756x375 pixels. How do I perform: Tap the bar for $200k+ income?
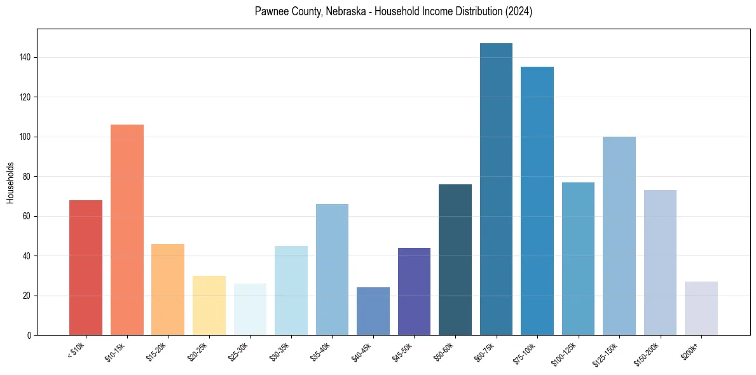pos(701,308)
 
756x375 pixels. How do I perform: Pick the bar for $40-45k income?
pos(373,311)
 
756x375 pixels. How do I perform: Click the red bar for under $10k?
pos(86,268)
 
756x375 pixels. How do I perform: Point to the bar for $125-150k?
pos(619,236)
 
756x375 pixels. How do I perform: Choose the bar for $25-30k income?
pos(250,310)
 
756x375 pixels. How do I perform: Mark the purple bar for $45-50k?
pos(414,292)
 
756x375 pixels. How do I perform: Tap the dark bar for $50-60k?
pos(455,260)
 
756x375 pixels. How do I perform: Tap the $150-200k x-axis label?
pos(649,352)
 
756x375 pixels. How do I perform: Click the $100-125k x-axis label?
pos(567,352)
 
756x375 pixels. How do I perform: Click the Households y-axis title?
pos(11,182)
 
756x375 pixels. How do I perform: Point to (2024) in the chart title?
pos(518,12)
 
